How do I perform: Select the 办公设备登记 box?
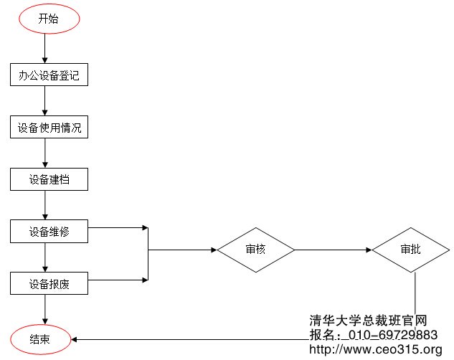(49, 75)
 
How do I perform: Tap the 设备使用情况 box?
(49, 128)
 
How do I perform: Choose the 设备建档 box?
(49, 179)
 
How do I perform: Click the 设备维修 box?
(49, 232)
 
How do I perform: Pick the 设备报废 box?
(49, 283)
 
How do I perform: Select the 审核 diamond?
(256, 250)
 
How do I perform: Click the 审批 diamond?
(411, 250)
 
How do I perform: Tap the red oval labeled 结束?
(40, 339)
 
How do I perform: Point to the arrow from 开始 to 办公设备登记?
(45, 49)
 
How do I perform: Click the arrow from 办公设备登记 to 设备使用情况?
(45, 102)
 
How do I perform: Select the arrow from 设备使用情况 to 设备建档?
(45, 153)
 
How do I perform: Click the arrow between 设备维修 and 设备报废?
(45, 257)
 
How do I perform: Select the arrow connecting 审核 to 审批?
(334, 250)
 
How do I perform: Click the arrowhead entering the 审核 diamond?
(213, 250)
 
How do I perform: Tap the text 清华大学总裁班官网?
(368, 321)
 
